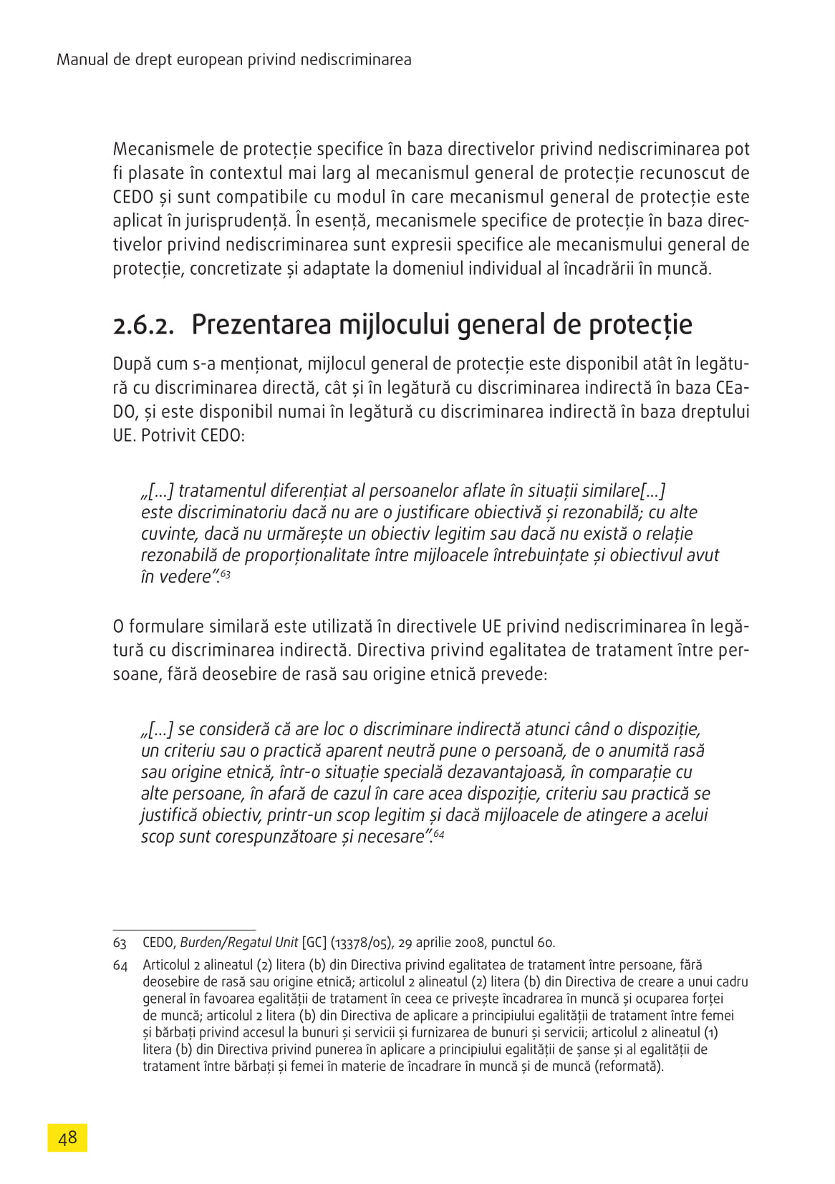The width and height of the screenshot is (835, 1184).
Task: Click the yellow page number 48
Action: click(67, 1137)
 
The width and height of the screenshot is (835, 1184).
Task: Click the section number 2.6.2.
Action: click(143, 326)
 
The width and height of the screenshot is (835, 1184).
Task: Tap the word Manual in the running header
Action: click(82, 59)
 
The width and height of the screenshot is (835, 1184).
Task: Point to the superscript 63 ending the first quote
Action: click(226, 573)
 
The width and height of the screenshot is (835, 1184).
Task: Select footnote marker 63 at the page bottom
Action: click(120, 943)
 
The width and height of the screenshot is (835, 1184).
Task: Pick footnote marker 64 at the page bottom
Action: click(120, 966)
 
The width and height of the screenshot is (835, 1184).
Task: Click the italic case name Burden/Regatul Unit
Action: click(238, 943)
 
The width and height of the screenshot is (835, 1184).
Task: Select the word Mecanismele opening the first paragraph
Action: click(164, 149)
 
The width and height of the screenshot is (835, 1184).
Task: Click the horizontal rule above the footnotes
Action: click(184, 929)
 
